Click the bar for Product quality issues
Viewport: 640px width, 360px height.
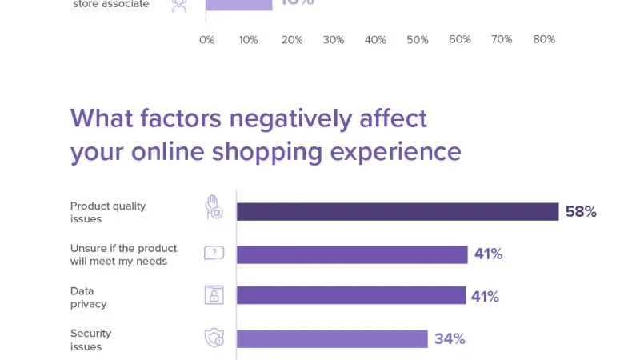398,212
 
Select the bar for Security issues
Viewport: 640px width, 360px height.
332,339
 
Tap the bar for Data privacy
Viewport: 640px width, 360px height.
351,296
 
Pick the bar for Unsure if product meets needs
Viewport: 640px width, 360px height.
352,254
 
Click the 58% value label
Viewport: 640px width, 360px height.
581,212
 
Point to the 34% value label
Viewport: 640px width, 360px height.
450,339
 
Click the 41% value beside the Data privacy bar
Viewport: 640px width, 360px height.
485,297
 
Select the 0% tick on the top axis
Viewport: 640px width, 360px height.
206,40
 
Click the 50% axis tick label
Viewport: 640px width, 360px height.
418,40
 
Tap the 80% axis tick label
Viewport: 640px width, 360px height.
544,40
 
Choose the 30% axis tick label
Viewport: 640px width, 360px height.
333,40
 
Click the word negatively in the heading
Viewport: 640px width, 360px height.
288,118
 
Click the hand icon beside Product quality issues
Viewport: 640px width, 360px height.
213,207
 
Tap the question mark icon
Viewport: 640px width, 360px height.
214,254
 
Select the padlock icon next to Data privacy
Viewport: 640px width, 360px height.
214,295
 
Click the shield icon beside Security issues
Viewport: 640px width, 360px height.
214,338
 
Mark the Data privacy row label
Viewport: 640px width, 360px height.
88,298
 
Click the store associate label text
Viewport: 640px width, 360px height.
110,5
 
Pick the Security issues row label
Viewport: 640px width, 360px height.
90,340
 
